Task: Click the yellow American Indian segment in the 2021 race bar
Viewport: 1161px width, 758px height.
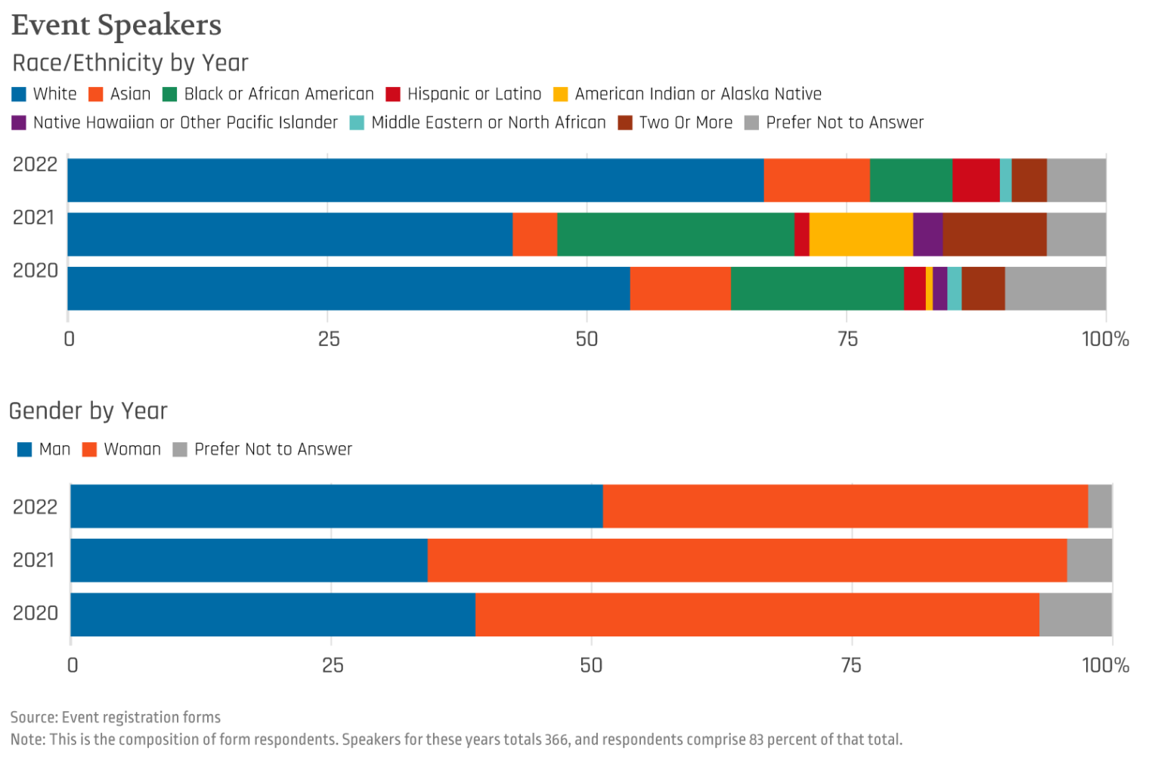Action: (x=861, y=234)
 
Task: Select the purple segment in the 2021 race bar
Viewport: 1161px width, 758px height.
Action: (x=927, y=234)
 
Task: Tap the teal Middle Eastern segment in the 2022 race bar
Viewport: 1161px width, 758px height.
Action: (x=1005, y=180)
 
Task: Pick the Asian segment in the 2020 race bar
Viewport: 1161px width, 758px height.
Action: (x=680, y=288)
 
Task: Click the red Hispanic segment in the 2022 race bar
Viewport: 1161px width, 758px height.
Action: (x=976, y=180)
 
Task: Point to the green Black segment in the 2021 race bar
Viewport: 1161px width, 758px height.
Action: (x=676, y=234)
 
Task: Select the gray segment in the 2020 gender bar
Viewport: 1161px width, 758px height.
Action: (x=1075, y=614)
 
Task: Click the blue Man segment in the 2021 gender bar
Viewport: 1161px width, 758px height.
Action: (x=249, y=560)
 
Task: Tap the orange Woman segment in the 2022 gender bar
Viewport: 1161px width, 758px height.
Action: (x=845, y=506)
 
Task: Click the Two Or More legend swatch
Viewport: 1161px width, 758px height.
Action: (x=625, y=122)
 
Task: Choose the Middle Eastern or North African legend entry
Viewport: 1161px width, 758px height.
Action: (x=488, y=122)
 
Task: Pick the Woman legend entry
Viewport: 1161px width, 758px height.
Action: (x=132, y=450)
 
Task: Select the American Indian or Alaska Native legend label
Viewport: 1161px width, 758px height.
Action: (x=698, y=94)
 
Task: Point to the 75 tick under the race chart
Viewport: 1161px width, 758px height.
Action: (x=847, y=339)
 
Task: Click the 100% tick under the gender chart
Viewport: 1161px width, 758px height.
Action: (x=1105, y=665)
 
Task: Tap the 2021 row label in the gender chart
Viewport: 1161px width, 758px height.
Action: (x=34, y=560)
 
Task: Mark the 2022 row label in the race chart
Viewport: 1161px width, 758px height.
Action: (x=35, y=164)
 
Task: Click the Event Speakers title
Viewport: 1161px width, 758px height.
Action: (x=116, y=25)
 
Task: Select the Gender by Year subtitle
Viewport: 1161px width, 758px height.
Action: (x=88, y=410)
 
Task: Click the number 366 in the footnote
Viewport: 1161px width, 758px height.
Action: (x=556, y=740)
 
